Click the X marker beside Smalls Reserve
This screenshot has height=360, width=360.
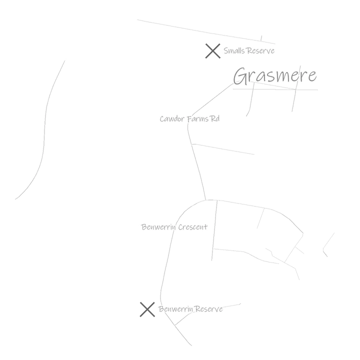tap(213, 51)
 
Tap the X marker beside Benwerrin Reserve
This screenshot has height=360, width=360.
tap(147, 309)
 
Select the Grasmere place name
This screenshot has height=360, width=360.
tap(275, 75)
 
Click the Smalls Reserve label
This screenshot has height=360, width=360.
tap(249, 50)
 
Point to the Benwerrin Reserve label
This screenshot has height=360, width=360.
tap(190, 309)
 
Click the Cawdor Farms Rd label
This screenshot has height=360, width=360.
tap(189, 119)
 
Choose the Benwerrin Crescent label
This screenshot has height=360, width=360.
tap(174, 227)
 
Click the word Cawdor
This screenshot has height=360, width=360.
tap(172, 119)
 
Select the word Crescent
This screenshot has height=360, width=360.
tap(193, 227)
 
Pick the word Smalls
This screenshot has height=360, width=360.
tap(232, 50)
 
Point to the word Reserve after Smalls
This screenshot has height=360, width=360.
tap(258, 50)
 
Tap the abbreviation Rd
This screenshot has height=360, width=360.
tap(214, 118)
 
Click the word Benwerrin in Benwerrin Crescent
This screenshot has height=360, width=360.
tap(158, 227)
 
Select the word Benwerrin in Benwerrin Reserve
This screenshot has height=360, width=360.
tap(176, 309)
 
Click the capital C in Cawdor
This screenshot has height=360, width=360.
tap(162, 119)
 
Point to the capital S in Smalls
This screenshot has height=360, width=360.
tap(226, 50)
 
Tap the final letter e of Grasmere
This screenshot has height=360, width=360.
tap(312, 76)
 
